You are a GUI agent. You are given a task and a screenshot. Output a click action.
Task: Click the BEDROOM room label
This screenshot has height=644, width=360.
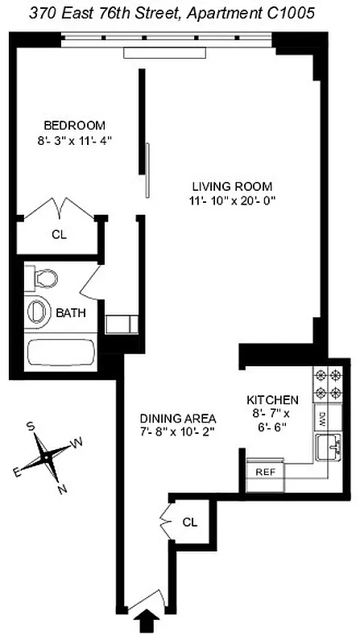74,125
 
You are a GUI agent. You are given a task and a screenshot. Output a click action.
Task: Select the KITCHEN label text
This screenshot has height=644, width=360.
272,399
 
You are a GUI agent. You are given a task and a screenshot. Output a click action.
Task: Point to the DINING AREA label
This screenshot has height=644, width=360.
177,418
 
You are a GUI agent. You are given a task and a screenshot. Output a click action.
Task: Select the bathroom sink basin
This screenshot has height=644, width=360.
37,312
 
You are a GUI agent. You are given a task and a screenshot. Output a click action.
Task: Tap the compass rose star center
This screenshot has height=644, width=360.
48,456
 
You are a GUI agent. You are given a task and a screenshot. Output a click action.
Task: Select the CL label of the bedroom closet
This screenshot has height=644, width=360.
58,236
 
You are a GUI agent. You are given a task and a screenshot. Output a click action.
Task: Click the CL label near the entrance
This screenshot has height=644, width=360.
189,522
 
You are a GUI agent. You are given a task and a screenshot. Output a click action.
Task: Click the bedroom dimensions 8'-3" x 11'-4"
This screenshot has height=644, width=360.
74,140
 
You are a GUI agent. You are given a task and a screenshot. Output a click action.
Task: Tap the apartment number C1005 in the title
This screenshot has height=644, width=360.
292,12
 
